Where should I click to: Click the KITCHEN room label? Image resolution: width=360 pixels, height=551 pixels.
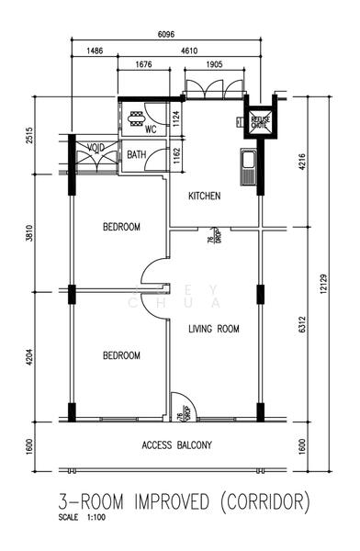coord(204,196)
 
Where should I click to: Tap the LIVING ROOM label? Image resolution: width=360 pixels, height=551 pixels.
coord(213,328)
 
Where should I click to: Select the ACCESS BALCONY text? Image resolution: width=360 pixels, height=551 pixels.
coord(176,445)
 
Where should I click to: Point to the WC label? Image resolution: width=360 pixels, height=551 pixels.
coord(149,129)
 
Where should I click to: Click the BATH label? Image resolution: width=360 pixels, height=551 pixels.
coord(137,154)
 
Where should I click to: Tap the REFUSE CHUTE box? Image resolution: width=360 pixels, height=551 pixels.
coord(258,121)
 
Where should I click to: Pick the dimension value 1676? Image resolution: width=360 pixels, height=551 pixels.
coord(142,65)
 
